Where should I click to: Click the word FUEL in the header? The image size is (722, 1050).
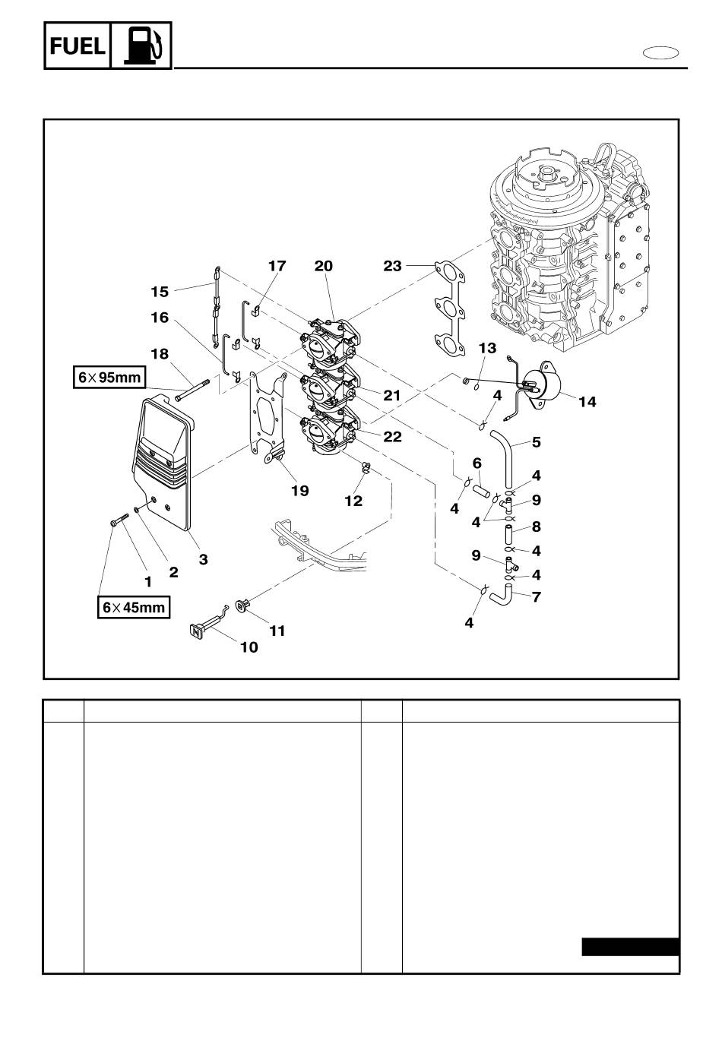[x=78, y=46]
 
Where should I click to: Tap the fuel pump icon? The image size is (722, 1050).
[x=141, y=46]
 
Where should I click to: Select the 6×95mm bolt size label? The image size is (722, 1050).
[x=109, y=377]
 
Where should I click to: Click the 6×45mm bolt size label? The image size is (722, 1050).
[x=134, y=607]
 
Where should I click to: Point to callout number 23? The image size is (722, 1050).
[x=392, y=266]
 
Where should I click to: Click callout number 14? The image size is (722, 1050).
[x=587, y=401]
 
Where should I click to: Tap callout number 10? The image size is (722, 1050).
[x=249, y=647]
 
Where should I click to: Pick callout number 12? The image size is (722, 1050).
[x=353, y=501]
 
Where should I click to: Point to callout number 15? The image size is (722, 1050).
[x=160, y=292]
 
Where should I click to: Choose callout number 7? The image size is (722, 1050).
[x=537, y=596]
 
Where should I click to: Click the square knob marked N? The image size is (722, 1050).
[x=197, y=631]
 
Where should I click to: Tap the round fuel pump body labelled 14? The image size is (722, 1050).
[x=544, y=386]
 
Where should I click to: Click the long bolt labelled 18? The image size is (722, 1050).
[x=192, y=391]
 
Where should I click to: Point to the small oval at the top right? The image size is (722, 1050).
[x=660, y=53]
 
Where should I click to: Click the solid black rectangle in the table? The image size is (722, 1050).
[x=631, y=947]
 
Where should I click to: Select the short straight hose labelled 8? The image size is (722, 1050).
[x=508, y=534]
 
